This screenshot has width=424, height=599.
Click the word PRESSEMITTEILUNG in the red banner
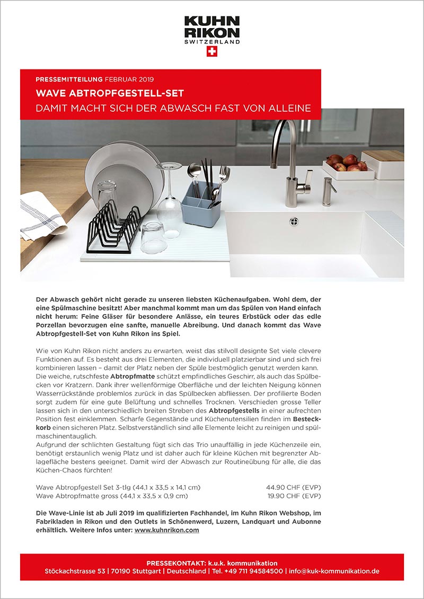(x=69, y=79)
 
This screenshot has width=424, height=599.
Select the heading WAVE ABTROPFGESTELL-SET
(x=110, y=94)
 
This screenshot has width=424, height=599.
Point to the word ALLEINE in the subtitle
(x=289, y=109)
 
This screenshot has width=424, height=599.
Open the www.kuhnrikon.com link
(x=167, y=530)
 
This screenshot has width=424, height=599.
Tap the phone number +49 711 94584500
(x=254, y=571)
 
